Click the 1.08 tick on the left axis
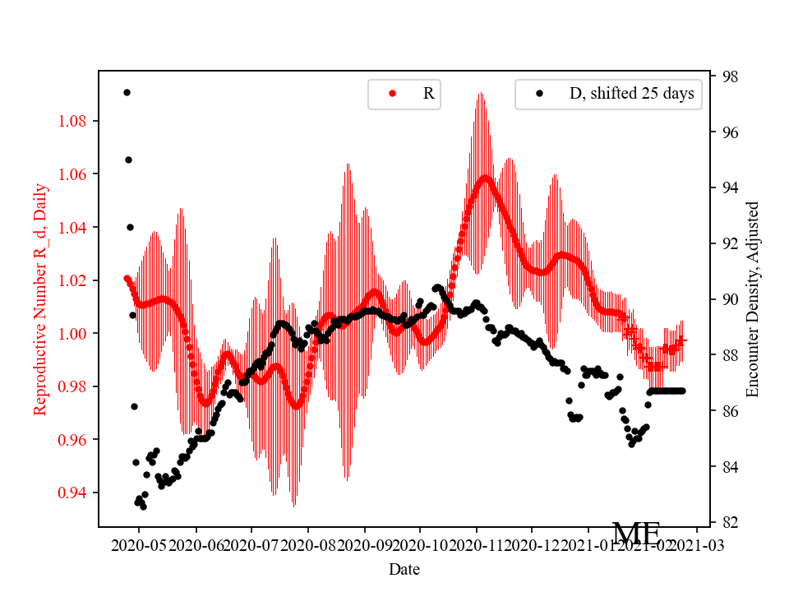75,121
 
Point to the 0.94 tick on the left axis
75,493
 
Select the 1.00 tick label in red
75,333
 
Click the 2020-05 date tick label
139,544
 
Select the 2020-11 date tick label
476,544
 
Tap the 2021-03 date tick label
699,544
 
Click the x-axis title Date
405,568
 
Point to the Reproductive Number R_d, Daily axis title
40,298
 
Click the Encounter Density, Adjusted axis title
752,298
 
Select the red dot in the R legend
392,94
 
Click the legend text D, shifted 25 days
631,94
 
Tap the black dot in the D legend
539,94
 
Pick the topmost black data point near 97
127,92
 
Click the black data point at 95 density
128,160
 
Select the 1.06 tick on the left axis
75,173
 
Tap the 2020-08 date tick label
307,544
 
